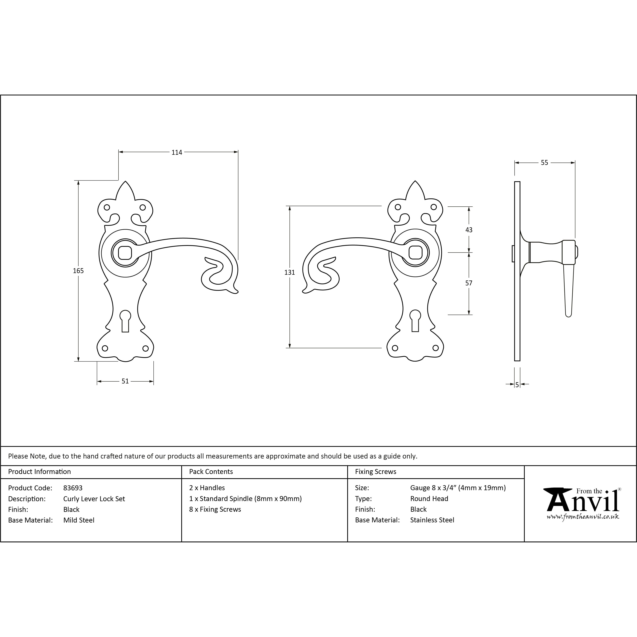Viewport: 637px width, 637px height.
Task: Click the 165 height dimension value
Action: click(78, 271)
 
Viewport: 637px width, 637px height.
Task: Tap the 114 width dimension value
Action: click(177, 152)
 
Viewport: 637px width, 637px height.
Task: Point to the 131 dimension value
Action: click(289, 272)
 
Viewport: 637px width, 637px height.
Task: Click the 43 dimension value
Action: click(469, 230)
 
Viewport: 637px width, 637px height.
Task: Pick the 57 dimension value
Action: click(469, 283)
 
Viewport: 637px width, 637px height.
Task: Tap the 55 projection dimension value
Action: click(544, 162)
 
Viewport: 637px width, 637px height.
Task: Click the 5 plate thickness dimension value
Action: click(517, 384)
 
